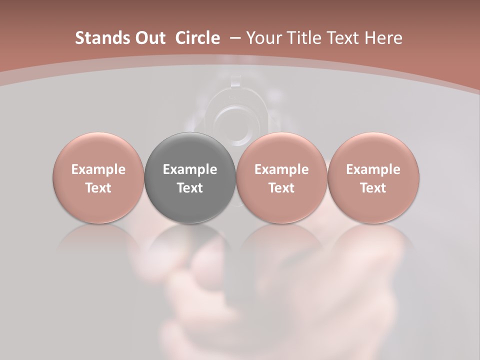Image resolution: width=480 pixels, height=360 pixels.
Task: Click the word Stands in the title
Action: tap(98, 38)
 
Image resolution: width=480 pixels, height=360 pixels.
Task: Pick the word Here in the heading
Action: tap(384, 38)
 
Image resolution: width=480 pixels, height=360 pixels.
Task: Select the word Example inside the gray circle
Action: tap(190, 169)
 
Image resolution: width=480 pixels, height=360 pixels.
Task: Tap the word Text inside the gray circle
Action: tap(190, 188)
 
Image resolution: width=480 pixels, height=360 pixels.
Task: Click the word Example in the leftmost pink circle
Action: tap(98, 169)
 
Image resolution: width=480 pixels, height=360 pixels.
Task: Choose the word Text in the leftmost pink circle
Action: tap(98, 188)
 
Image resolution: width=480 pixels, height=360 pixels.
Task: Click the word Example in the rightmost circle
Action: tap(373, 169)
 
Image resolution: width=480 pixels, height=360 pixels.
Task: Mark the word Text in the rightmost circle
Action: tap(373, 188)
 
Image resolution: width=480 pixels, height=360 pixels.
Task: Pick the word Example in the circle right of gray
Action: tap(281, 169)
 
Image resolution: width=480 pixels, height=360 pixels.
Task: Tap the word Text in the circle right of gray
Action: tap(281, 188)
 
